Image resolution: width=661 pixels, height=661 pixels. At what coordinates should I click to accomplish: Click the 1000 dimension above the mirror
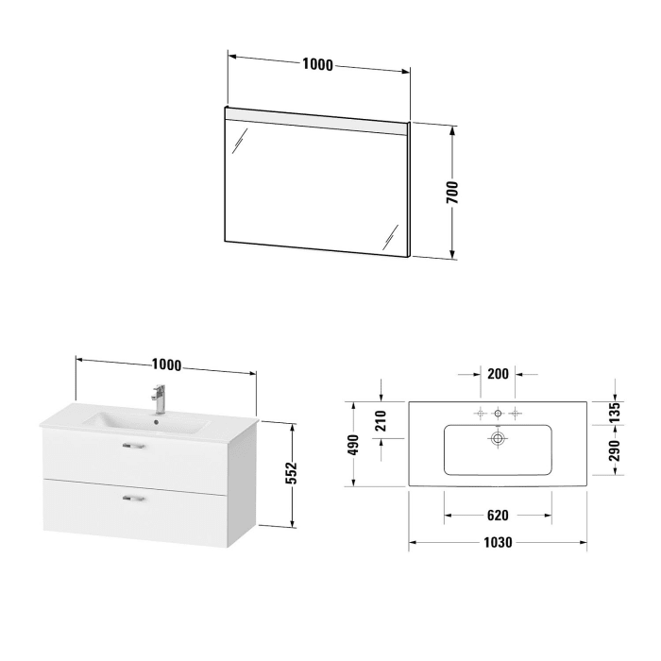318,65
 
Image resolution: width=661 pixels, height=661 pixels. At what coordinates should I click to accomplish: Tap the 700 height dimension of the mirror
452,192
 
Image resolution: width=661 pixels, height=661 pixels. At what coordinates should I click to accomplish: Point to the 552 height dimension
292,472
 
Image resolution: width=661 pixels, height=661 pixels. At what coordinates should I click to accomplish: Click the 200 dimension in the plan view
498,373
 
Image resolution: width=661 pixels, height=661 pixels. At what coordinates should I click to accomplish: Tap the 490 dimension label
353,444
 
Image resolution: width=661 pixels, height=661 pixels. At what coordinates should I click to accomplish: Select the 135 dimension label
613,413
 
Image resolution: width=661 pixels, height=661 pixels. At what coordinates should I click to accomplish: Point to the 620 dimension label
498,515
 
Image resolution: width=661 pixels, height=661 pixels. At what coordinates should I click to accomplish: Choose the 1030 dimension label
498,543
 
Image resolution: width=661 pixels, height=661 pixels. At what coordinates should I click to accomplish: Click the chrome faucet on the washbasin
160,397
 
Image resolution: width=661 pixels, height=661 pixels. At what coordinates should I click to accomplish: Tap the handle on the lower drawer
134,497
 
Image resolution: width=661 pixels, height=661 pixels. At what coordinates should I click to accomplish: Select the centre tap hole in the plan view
498,413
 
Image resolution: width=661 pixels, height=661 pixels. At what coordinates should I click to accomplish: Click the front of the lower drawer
134,515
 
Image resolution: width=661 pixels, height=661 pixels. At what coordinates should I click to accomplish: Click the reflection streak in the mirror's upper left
241,144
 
